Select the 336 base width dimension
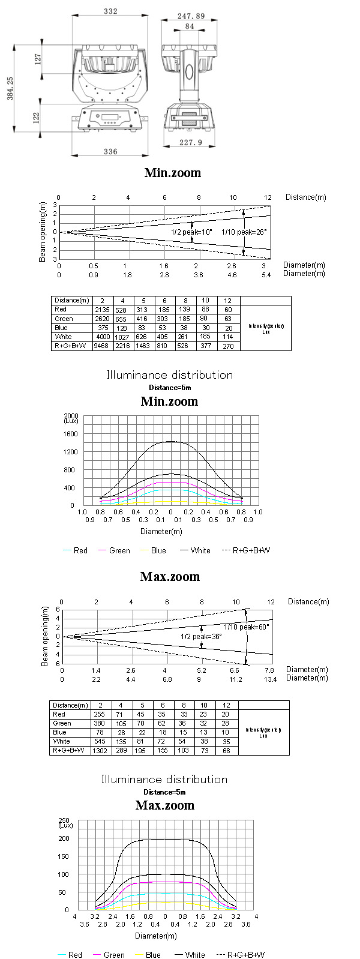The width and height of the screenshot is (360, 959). [x=110, y=152]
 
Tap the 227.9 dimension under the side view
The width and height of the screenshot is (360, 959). [x=190, y=142]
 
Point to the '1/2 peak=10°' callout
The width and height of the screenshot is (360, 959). [x=192, y=232]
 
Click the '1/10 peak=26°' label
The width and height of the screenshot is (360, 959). [x=244, y=232]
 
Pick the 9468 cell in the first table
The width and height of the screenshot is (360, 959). [x=101, y=346]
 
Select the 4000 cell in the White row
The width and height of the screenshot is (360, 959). [x=102, y=337]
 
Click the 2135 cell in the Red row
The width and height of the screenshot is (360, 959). [x=102, y=310]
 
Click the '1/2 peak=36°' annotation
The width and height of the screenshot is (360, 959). [x=201, y=636]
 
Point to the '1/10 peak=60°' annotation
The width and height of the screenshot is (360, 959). [x=246, y=627]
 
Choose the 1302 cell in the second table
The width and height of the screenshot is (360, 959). [x=100, y=751]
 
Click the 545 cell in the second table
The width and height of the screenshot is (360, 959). [x=100, y=742]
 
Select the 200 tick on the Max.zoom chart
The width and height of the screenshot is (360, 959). [x=64, y=838]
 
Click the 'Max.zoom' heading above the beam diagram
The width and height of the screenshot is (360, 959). [x=170, y=577]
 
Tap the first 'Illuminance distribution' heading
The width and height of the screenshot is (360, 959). [x=170, y=375]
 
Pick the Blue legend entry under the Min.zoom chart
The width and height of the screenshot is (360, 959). [x=158, y=550]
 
